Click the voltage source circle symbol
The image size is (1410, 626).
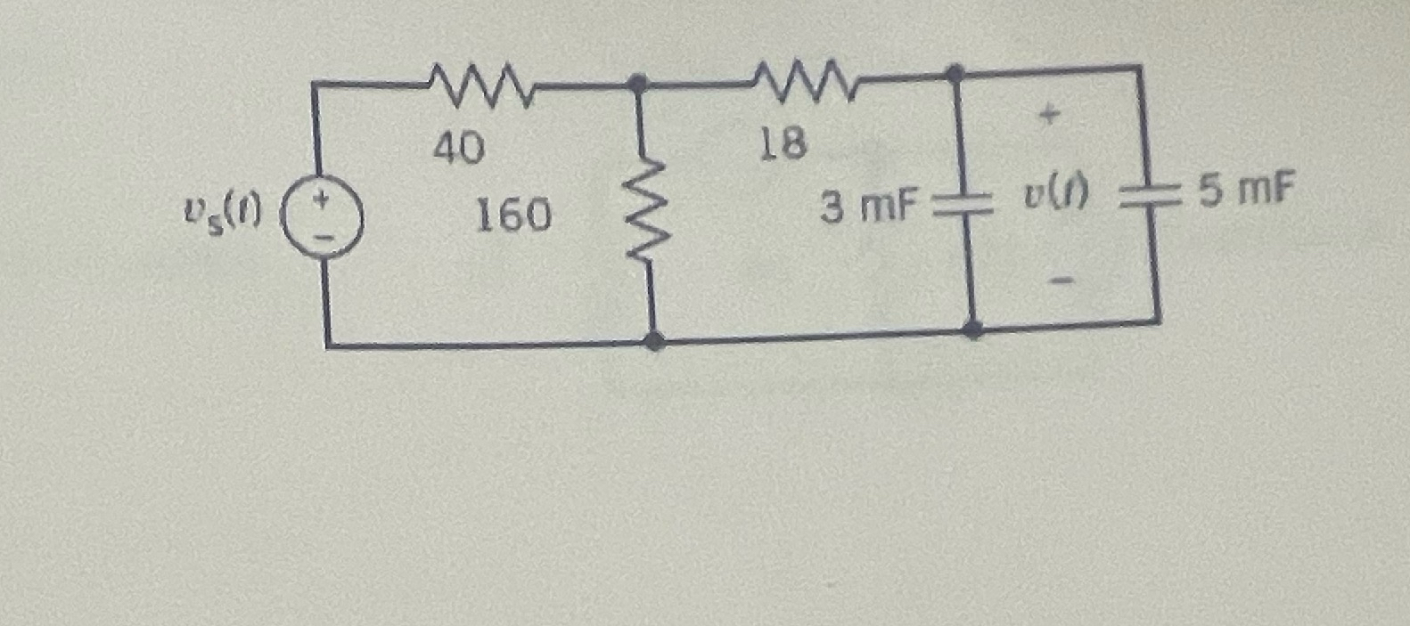[323, 219]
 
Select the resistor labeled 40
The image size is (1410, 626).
[481, 82]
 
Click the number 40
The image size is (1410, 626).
[459, 149]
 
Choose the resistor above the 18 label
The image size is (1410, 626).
[805, 78]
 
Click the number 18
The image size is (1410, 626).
[783, 143]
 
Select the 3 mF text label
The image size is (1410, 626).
[868, 207]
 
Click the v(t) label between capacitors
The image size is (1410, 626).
[1055, 198]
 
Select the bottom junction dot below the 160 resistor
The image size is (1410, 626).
[655, 341]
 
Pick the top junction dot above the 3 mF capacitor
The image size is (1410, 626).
[954, 72]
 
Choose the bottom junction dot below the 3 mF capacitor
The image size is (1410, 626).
[973, 329]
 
